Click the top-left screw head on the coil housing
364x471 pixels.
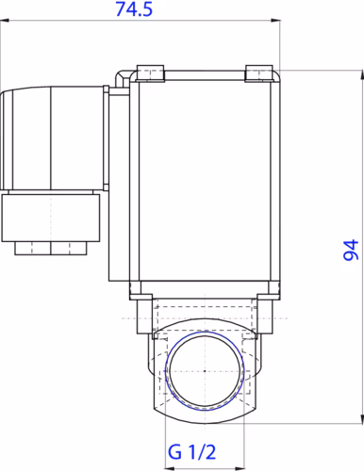point(150,73)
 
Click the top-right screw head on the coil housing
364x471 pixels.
point(258,73)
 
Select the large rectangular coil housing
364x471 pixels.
point(204,179)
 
